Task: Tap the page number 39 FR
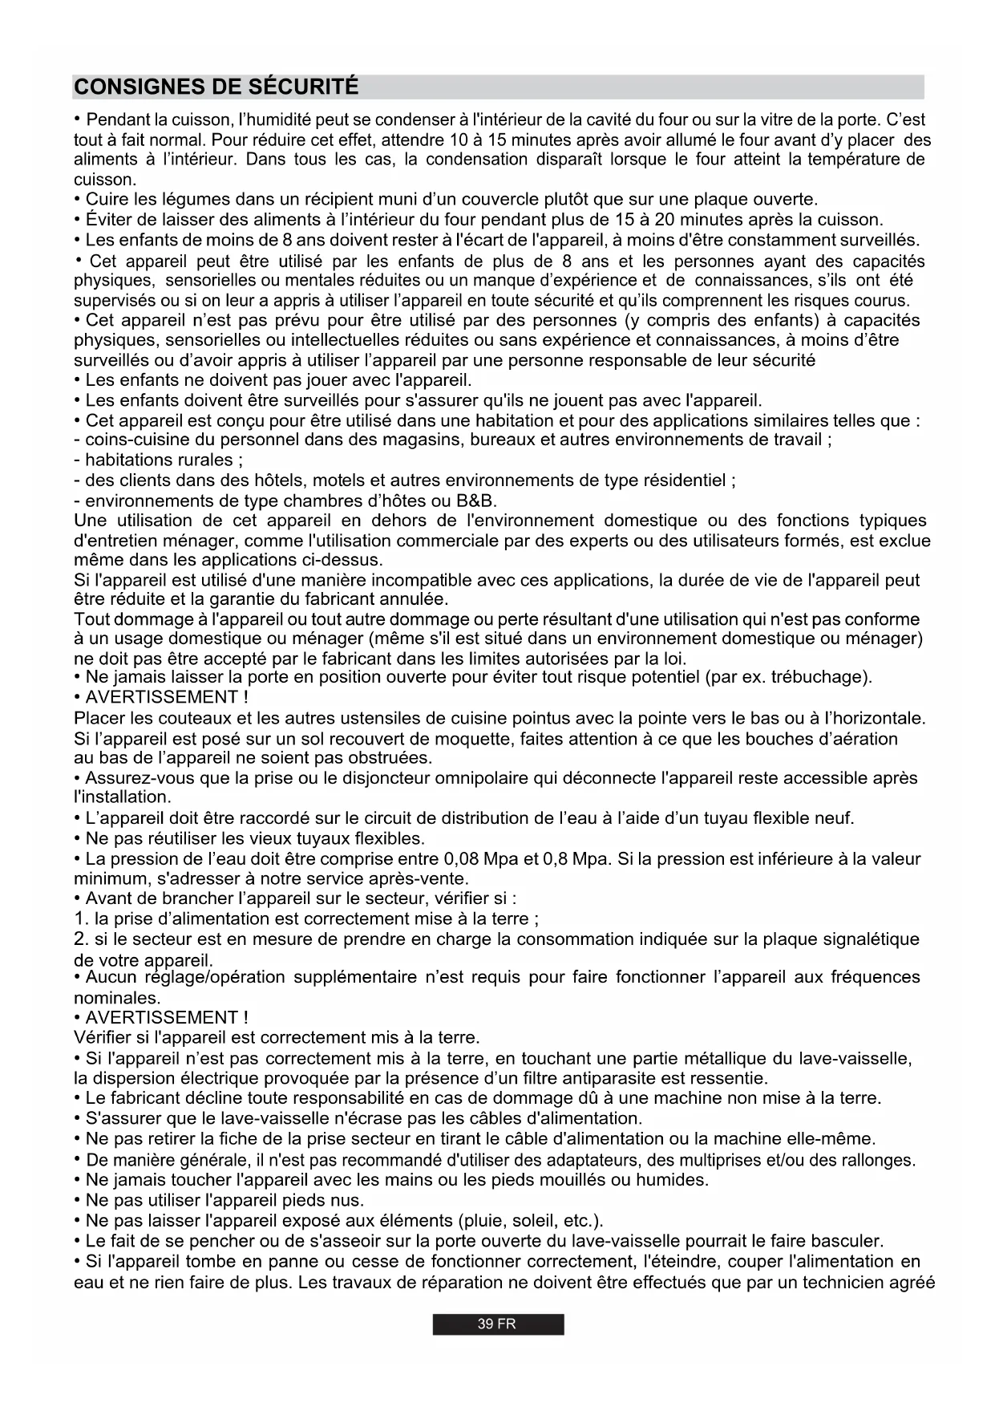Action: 497,1324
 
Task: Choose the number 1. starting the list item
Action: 81,918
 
